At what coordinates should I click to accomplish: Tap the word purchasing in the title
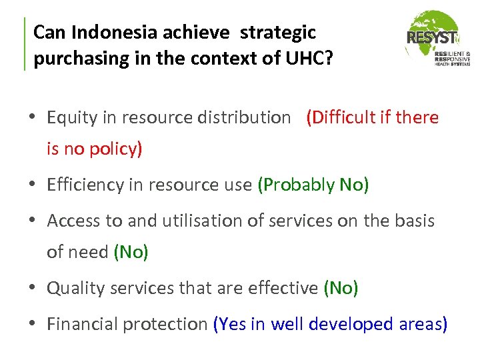[72, 59]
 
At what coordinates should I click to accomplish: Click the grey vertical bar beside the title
[25, 44]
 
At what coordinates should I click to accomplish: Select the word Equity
[69, 118]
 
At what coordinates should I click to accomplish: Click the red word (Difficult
[339, 118]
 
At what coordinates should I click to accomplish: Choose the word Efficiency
[84, 185]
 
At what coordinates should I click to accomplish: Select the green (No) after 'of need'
[131, 251]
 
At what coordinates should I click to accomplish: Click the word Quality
[72, 288]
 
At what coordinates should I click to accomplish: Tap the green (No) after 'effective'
[341, 288]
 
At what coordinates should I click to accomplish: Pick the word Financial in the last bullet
[79, 324]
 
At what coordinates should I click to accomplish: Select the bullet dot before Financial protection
[34, 324]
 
